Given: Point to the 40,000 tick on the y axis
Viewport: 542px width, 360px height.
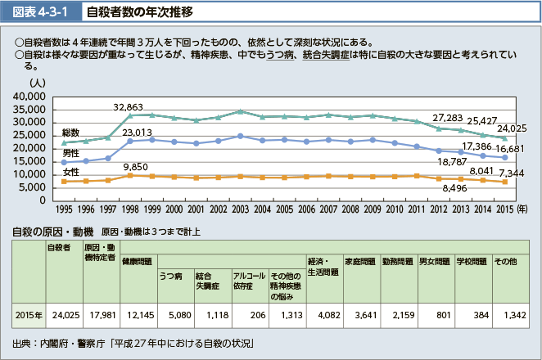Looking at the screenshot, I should pyautogui.click(x=30, y=97).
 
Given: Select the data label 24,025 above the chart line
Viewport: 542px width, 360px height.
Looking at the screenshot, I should pyautogui.click(x=512, y=128).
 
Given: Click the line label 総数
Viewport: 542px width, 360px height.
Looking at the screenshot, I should pyautogui.click(x=70, y=133).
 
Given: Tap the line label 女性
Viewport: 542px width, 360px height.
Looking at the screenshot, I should pyautogui.click(x=71, y=172).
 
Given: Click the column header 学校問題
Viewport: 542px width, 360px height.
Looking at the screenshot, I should pyautogui.click(x=472, y=261).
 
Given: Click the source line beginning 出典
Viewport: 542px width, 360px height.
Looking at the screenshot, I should pyautogui.click(x=131, y=344).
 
